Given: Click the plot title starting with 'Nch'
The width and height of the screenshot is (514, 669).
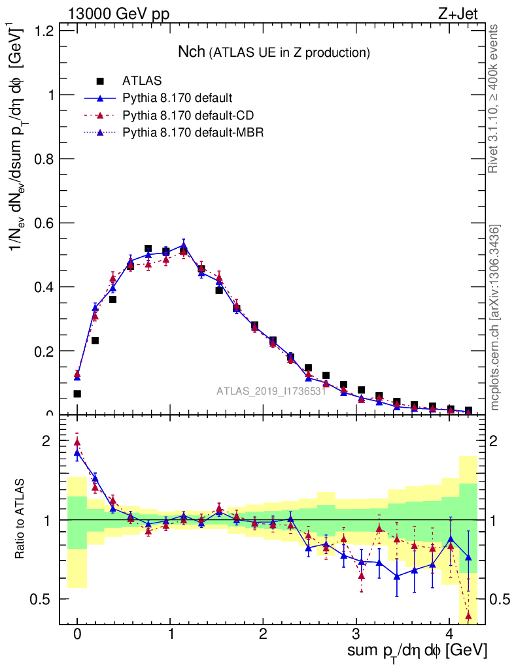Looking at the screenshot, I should click(275, 52).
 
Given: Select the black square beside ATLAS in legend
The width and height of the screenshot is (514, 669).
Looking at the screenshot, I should click(100, 81).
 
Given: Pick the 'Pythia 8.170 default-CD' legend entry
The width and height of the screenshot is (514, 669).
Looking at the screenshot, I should click(188, 116).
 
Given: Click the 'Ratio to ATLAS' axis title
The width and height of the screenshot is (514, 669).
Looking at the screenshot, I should click(20, 519).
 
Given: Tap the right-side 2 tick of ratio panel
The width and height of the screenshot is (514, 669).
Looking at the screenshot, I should click(498, 441).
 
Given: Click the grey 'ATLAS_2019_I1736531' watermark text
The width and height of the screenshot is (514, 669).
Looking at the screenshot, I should click(271, 391).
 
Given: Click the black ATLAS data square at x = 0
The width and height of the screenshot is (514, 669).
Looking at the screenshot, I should click(77, 393).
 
